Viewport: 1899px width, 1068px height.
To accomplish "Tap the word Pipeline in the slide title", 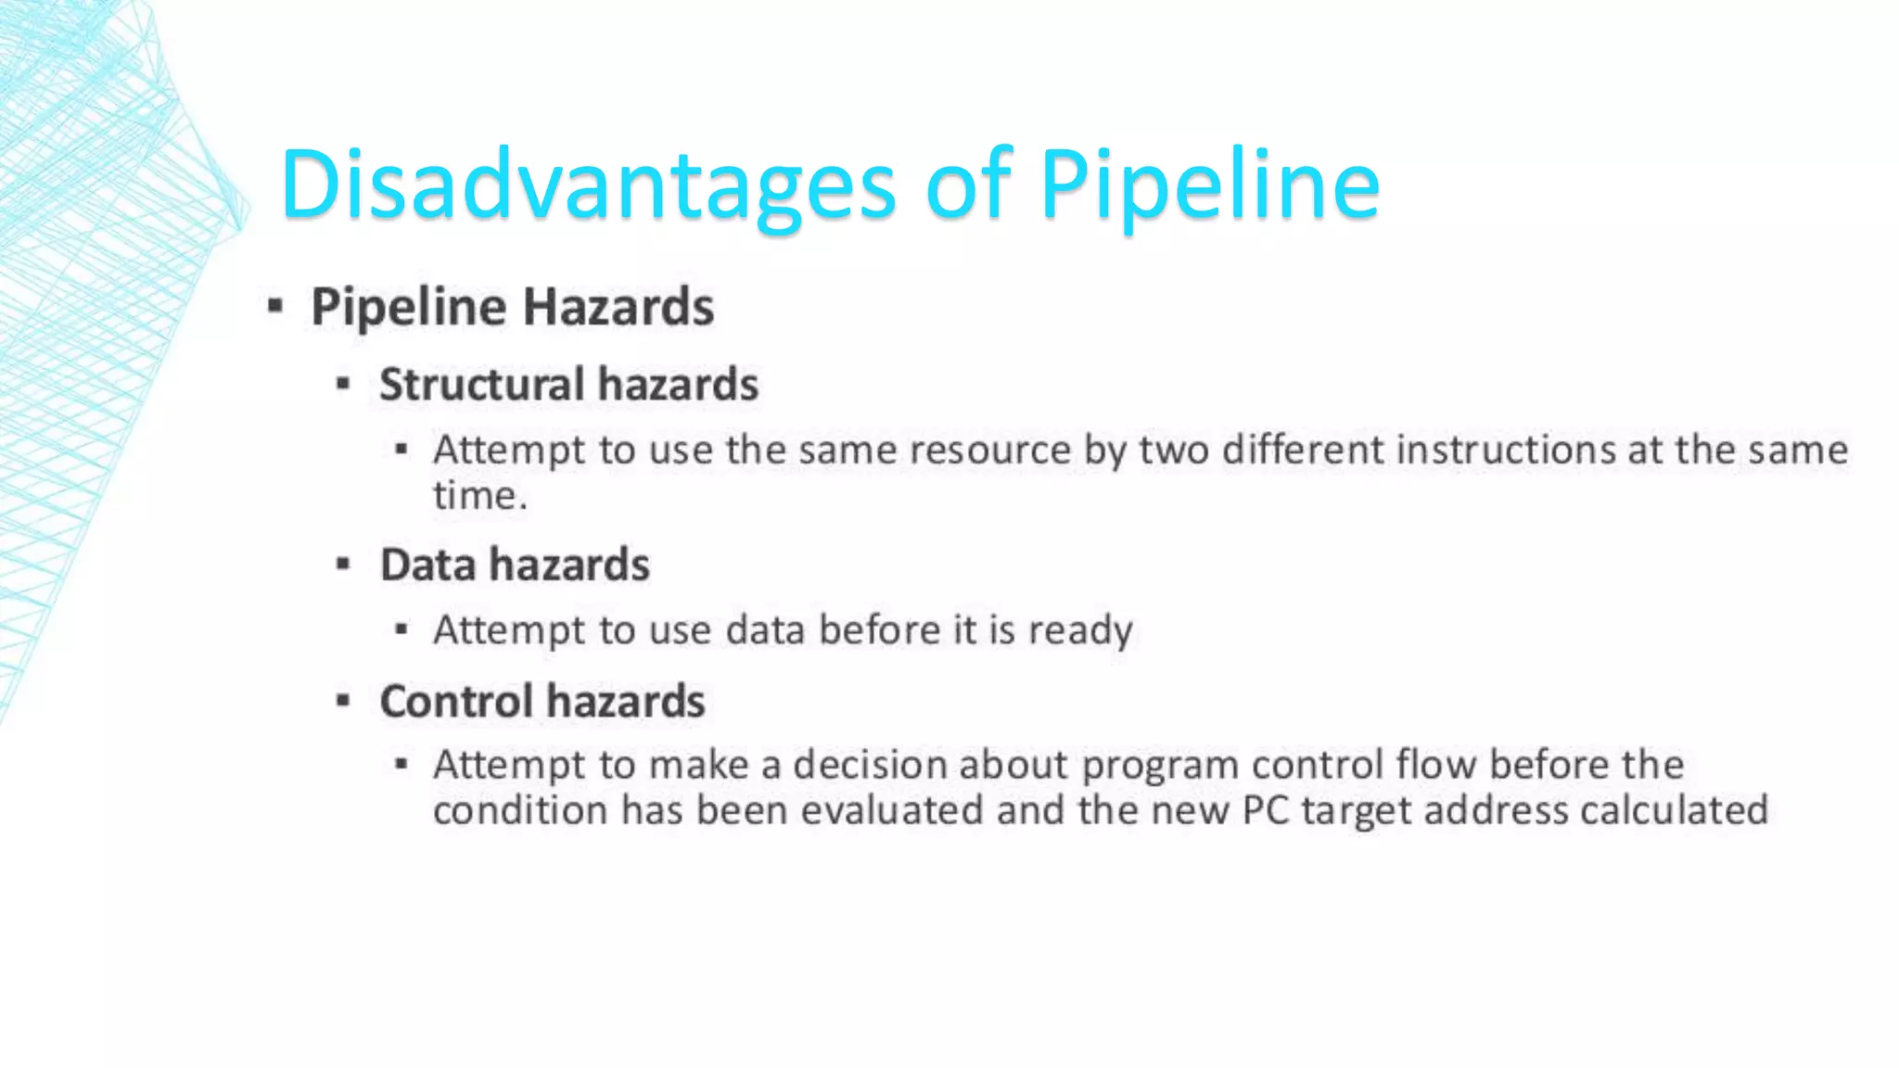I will [x=1210, y=185].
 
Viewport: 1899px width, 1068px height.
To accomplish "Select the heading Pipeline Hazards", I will [x=512, y=307].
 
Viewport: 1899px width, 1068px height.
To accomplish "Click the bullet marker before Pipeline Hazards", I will [x=274, y=305].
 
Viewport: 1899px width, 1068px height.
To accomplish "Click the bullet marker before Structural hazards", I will [x=343, y=382].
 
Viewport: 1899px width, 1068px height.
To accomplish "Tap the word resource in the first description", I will [x=990, y=450].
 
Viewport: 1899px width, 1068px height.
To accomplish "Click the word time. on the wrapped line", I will [x=479, y=495].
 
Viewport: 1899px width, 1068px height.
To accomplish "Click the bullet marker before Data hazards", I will [x=343, y=563].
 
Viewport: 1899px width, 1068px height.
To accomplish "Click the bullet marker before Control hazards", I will [x=343, y=700].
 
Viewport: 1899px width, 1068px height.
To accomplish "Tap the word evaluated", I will [x=891, y=810].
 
